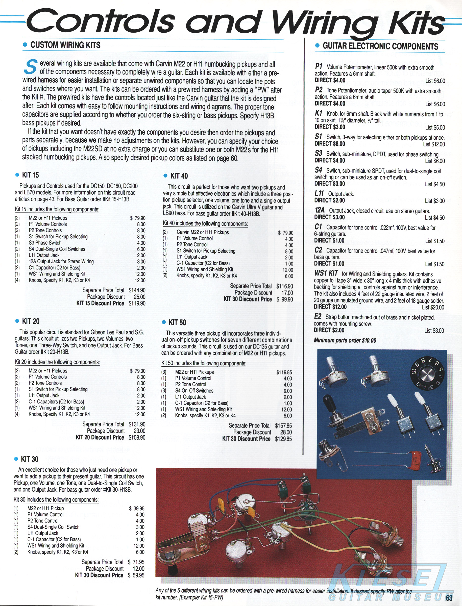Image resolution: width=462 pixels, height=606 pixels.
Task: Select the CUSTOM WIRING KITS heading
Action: tap(65, 45)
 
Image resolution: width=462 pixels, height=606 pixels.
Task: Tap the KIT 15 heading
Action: tap(30, 175)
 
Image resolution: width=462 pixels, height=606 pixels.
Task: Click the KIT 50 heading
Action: tap(177, 322)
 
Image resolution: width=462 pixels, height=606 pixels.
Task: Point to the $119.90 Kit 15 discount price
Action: tap(137, 304)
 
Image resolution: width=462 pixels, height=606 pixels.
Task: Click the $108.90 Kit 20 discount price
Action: tap(137, 437)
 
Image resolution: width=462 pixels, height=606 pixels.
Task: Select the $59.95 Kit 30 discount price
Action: tap(136, 575)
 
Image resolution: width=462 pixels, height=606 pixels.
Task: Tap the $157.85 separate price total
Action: tap(283, 426)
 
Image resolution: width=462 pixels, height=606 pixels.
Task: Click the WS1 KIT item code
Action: tap(326, 273)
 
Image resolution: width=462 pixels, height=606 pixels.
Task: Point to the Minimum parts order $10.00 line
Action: tap(345, 340)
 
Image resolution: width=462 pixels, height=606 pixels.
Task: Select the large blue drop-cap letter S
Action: tap(30, 67)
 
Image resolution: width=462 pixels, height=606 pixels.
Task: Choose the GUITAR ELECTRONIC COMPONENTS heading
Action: tap(380, 46)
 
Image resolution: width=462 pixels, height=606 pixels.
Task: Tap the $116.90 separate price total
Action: tap(285, 286)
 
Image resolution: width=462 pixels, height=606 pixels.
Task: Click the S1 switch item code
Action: tap(318, 137)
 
